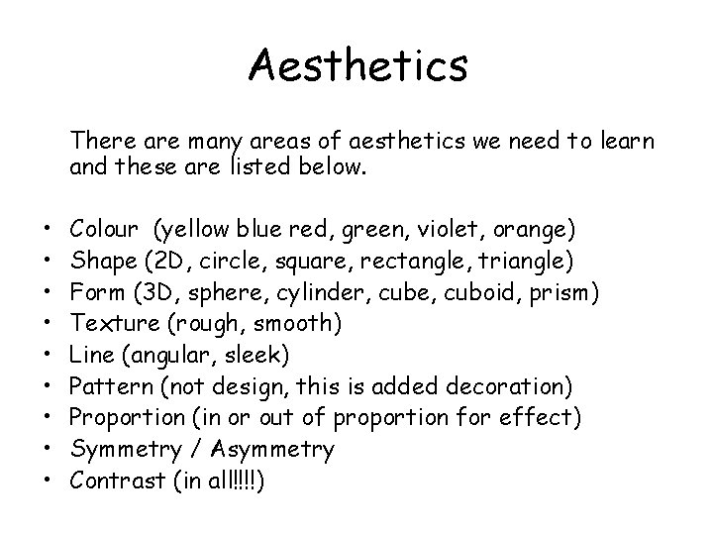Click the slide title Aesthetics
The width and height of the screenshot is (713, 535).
coord(357,66)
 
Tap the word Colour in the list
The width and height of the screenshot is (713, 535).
coord(105,230)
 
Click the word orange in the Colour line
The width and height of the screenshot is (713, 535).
coord(534,231)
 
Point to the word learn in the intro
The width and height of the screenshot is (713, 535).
coord(625,143)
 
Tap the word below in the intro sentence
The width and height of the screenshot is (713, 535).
coord(338,168)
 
